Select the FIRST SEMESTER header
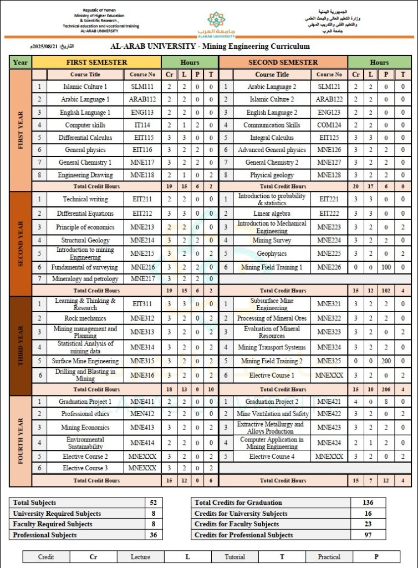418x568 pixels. pyautogui.click(x=96, y=62)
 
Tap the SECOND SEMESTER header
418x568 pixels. pyautogui.click(x=283, y=62)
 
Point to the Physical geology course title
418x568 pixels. pyautogui.click(x=272, y=175)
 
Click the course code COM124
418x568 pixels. pyautogui.click(x=329, y=125)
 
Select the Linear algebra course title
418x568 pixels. pyautogui.click(x=272, y=214)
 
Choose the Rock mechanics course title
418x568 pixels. pyautogui.click(x=85, y=318)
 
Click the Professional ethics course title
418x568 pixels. pyautogui.click(x=85, y=414)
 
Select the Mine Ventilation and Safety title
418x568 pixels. pyautogui.click(x=272, y=414)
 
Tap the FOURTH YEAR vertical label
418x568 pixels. pyautogui.click(x=20, y=440)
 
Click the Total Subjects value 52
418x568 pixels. pyautogui.click(x=154, y=502)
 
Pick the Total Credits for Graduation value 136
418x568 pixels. pyautogui.click(x=367, y=502)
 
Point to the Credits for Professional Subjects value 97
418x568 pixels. pyautogui.click(x=367, y=535)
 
